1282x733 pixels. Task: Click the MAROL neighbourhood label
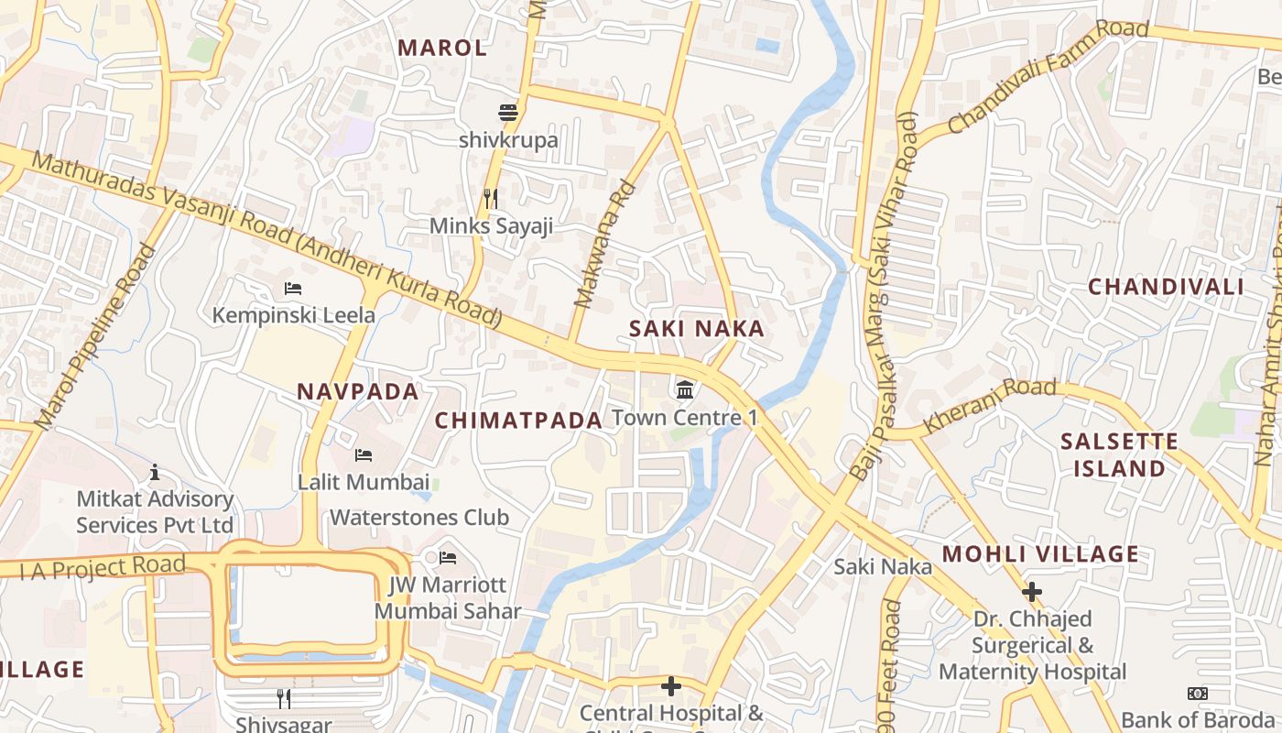[442, 48]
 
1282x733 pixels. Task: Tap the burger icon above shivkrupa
[508, 113]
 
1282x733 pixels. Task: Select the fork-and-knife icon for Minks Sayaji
[491, 198]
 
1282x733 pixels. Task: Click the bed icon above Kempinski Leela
[293, 289]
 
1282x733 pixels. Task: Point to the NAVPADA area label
[357, 391]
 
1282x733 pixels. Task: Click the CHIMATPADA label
[518, 420]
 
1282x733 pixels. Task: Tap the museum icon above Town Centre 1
[684, 390]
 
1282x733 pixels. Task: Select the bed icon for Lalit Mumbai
[364, 455]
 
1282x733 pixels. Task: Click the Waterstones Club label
[418, 517]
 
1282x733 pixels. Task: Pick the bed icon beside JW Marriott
[448, 557]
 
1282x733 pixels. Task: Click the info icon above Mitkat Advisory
[155, 472]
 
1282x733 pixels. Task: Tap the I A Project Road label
[103, 567]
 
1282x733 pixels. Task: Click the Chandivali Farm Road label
[1048, 76]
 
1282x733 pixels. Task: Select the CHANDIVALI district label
[1166, 287]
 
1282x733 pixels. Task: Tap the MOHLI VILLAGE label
[1040, 553]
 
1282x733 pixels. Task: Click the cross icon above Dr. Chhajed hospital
[1032, 592]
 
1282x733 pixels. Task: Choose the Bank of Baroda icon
[1198, 694]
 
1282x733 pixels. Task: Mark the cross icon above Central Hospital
[671, 686]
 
